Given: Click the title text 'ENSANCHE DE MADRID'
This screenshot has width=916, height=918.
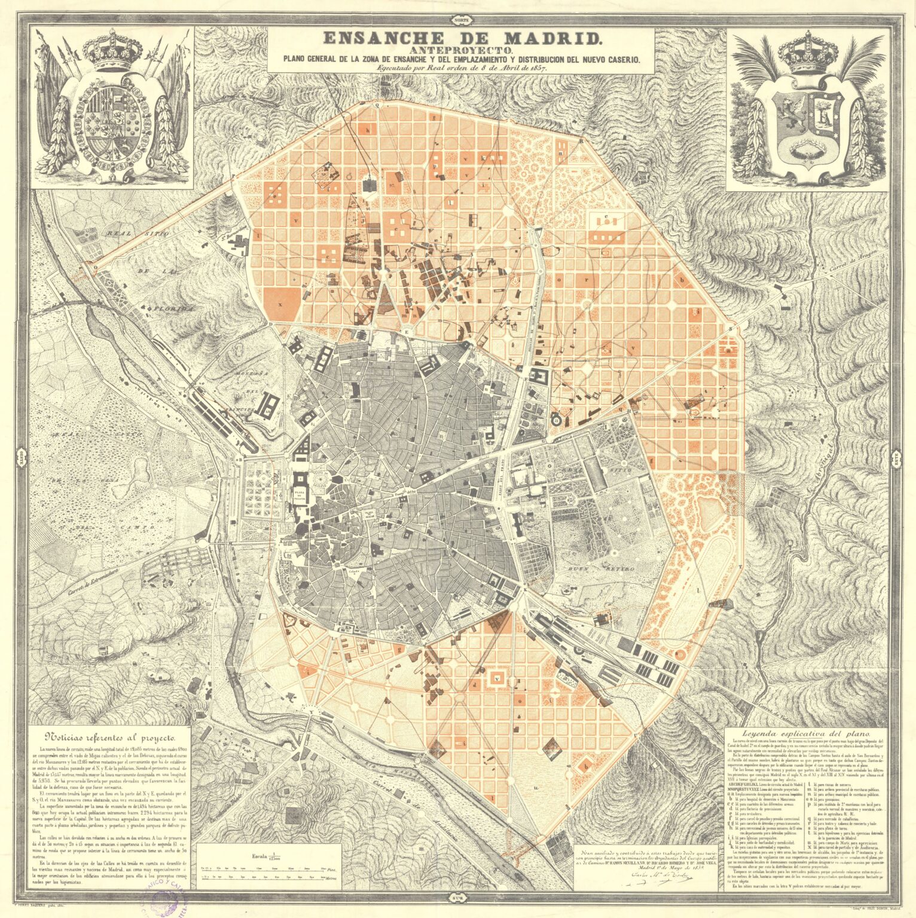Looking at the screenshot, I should point(462,38).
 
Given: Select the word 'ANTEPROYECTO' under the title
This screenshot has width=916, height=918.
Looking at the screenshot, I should point(462,51).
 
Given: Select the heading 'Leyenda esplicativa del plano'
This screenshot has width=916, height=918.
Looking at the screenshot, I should point(806,733).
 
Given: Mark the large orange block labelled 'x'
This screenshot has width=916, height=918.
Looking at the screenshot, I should point(278,302).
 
